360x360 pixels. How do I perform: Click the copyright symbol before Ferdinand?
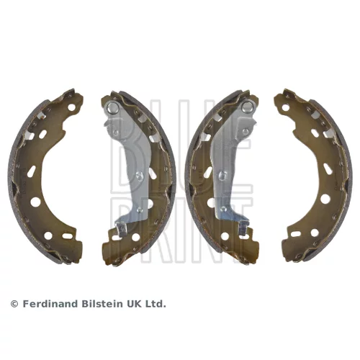(14, 304)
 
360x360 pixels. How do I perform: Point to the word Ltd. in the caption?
(156, 304)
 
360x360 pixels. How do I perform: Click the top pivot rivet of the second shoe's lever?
(112, 107)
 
